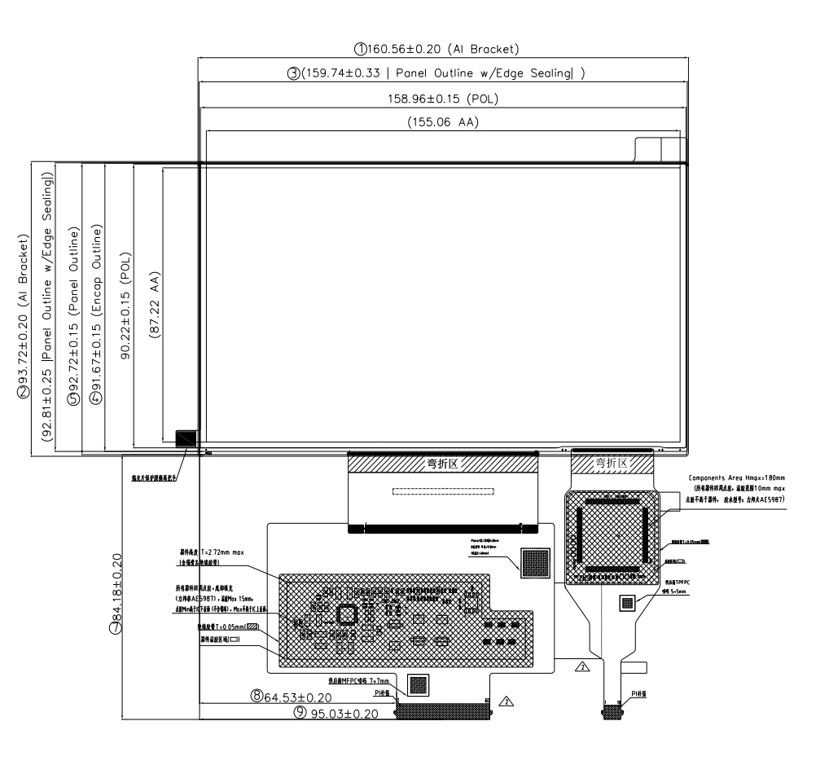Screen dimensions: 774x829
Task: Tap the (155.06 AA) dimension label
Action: (442, 124)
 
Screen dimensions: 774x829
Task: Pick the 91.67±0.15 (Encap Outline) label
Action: (96, 295)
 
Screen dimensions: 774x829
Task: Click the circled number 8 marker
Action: (257, 697)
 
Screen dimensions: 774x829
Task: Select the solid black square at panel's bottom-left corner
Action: (186, 438)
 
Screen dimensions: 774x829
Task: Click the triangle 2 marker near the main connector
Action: (507, 701)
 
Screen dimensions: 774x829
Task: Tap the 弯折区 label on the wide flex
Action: (443, 464)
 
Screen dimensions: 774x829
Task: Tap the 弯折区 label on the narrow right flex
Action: (612, 463)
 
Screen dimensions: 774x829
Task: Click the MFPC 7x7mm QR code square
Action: (417, 686)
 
